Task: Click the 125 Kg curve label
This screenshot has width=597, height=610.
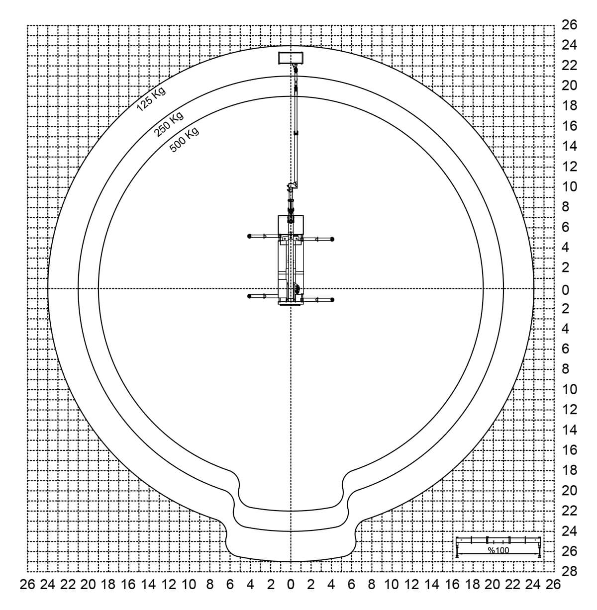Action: coord(151,99)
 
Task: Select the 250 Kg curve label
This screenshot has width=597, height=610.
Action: coord(169,124)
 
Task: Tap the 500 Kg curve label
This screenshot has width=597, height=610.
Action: coord(184,140)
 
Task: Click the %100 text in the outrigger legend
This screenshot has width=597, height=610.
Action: coord(498,550)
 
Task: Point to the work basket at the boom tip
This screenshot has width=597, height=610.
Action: coord(291,58)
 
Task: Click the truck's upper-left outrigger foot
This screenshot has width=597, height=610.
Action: coord(249,236)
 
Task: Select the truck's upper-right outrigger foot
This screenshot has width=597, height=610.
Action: coord(332,239)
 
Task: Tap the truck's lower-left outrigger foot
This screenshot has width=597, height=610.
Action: coord(249,296)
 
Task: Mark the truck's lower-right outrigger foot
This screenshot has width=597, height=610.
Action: coord(332,300)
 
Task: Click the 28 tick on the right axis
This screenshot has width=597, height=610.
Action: coord(570,571)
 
